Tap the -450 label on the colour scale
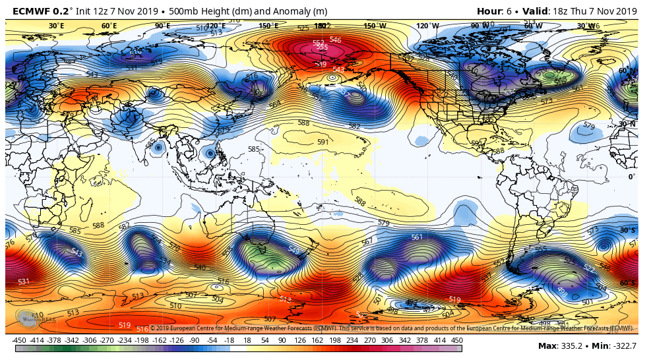tap(19, 340)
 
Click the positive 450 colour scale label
tap(456, 340)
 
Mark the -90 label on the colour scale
tap(195, 340)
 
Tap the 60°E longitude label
tap(109, 26)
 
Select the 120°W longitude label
tap(427, 26)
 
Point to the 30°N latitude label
tap(627, 124)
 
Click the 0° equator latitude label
tap(631, 177)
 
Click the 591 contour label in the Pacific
tap(323, 142)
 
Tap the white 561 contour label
tap(416, 237)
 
